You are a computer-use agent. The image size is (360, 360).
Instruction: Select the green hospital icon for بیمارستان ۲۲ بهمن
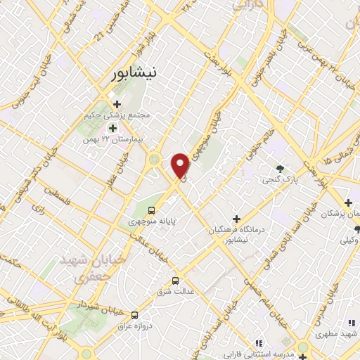tap(112, 128)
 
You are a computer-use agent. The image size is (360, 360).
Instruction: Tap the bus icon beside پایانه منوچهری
tap(151, 210)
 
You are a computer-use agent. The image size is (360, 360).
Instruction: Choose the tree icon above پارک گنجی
tap(281, 169)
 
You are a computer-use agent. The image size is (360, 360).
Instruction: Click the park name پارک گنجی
tap(278, 180)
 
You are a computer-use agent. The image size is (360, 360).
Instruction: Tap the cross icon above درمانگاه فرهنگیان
tap(236, 218)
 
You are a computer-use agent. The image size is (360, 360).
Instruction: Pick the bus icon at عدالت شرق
tap(175, 280)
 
